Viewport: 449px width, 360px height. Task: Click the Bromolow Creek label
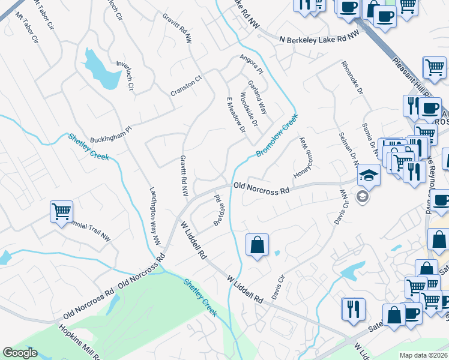277,137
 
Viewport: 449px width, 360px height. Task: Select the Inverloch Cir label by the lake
124,75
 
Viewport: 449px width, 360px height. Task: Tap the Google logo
20,353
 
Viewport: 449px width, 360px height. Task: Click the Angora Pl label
248,61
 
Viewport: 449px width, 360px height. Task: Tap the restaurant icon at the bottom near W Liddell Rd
353,309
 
